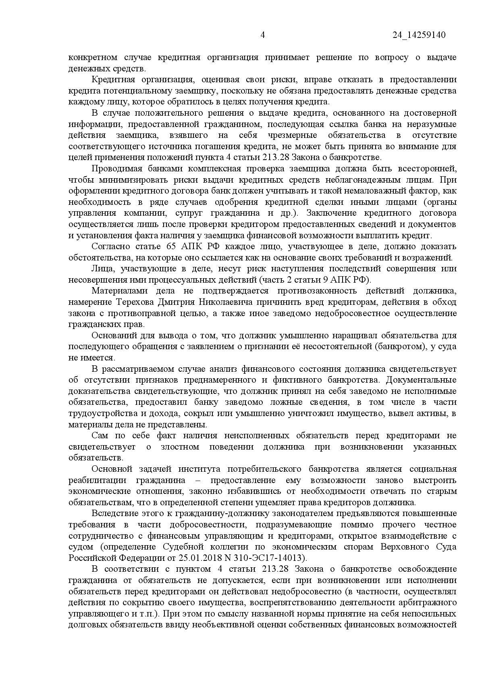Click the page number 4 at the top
pos(262,35)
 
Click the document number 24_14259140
pos(419,35)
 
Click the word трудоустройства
pos(99,413)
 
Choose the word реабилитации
pos(93,480)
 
